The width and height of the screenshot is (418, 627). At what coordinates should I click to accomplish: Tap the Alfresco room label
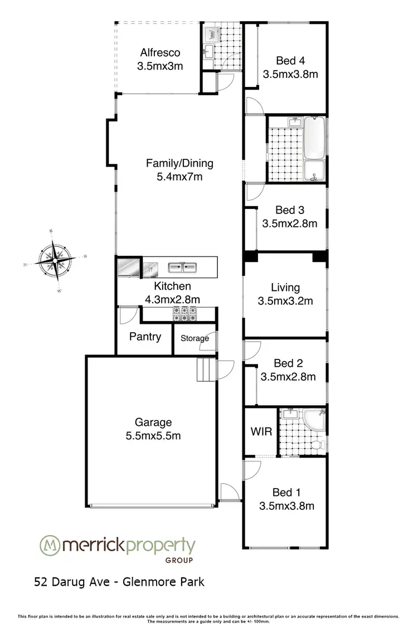(x=160, y=53)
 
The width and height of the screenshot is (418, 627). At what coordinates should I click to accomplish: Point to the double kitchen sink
(x=182, y=267)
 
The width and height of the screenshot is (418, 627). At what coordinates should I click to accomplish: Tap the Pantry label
(x=145, y=336)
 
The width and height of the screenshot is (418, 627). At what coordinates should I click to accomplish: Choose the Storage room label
(x=195, y=338)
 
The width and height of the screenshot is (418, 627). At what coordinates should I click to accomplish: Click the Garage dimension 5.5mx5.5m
(x=153, y=435)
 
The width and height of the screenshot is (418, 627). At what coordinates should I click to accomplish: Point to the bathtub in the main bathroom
(x=316, y=138)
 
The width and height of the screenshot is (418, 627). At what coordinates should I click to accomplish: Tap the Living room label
(x=285, y=288)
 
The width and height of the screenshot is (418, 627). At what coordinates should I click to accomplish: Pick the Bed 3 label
(x=290, y=210)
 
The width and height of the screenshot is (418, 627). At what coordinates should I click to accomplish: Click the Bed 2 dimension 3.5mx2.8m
(x=288, y=377)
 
